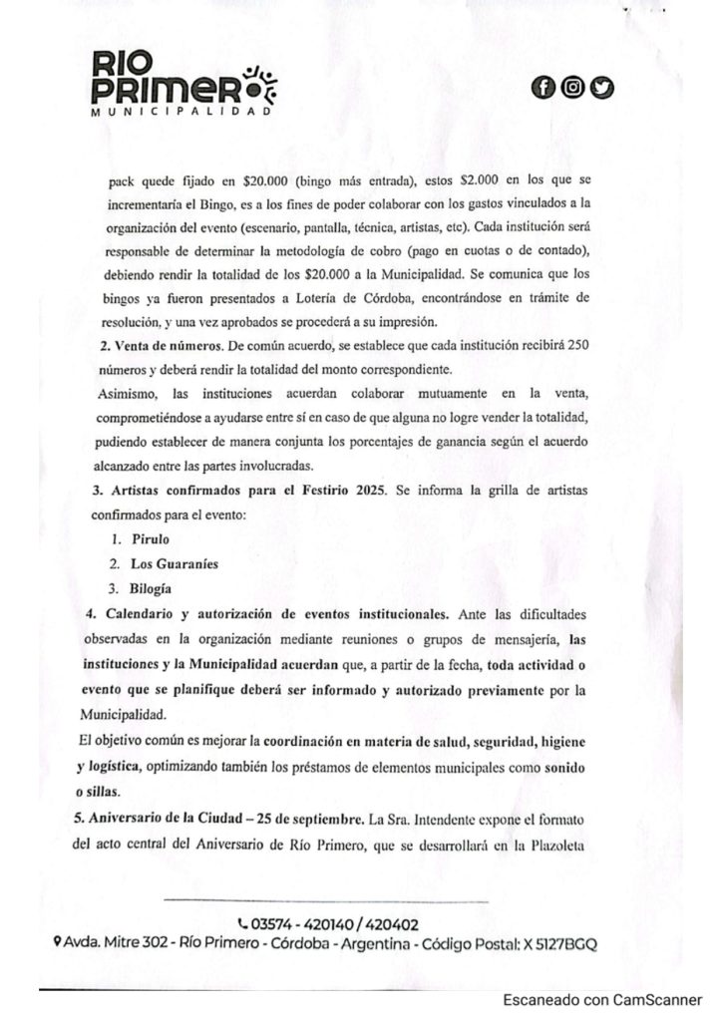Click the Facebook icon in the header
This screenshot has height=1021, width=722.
pyautogui.click(x=544, y=88)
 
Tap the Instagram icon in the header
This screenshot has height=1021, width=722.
pyautogui.click(x=572, y=88)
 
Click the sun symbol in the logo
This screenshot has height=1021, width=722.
pyautogui.click(x=264, y=86)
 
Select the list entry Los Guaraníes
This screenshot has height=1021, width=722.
pyautogui.click(x=175, y=562)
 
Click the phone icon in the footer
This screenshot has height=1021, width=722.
pyautogui.click(x=244, y=923)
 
